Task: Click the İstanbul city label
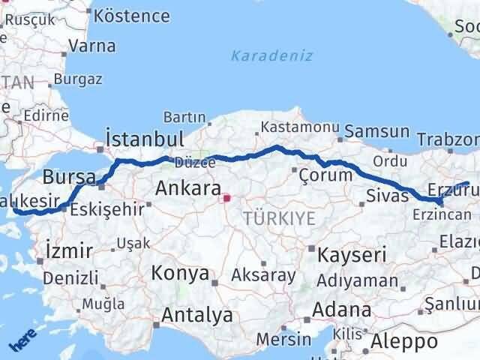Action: click(x=145, y=139)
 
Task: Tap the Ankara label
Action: click(x=188, y=189)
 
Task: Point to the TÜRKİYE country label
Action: click(x=279, y=218)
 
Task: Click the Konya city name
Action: click(x=180, y=273)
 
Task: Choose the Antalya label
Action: click(x=197, y=316)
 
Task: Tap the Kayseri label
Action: click(x=351, y=254)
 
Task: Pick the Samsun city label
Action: click(x=377, y=131)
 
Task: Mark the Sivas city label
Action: click(x=388, y=196)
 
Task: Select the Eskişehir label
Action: click(x=106, y=209)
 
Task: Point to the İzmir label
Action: click(x=69, y=250)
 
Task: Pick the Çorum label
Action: click(x=325, y=175)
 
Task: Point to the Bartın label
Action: click(x=184, y=117)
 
